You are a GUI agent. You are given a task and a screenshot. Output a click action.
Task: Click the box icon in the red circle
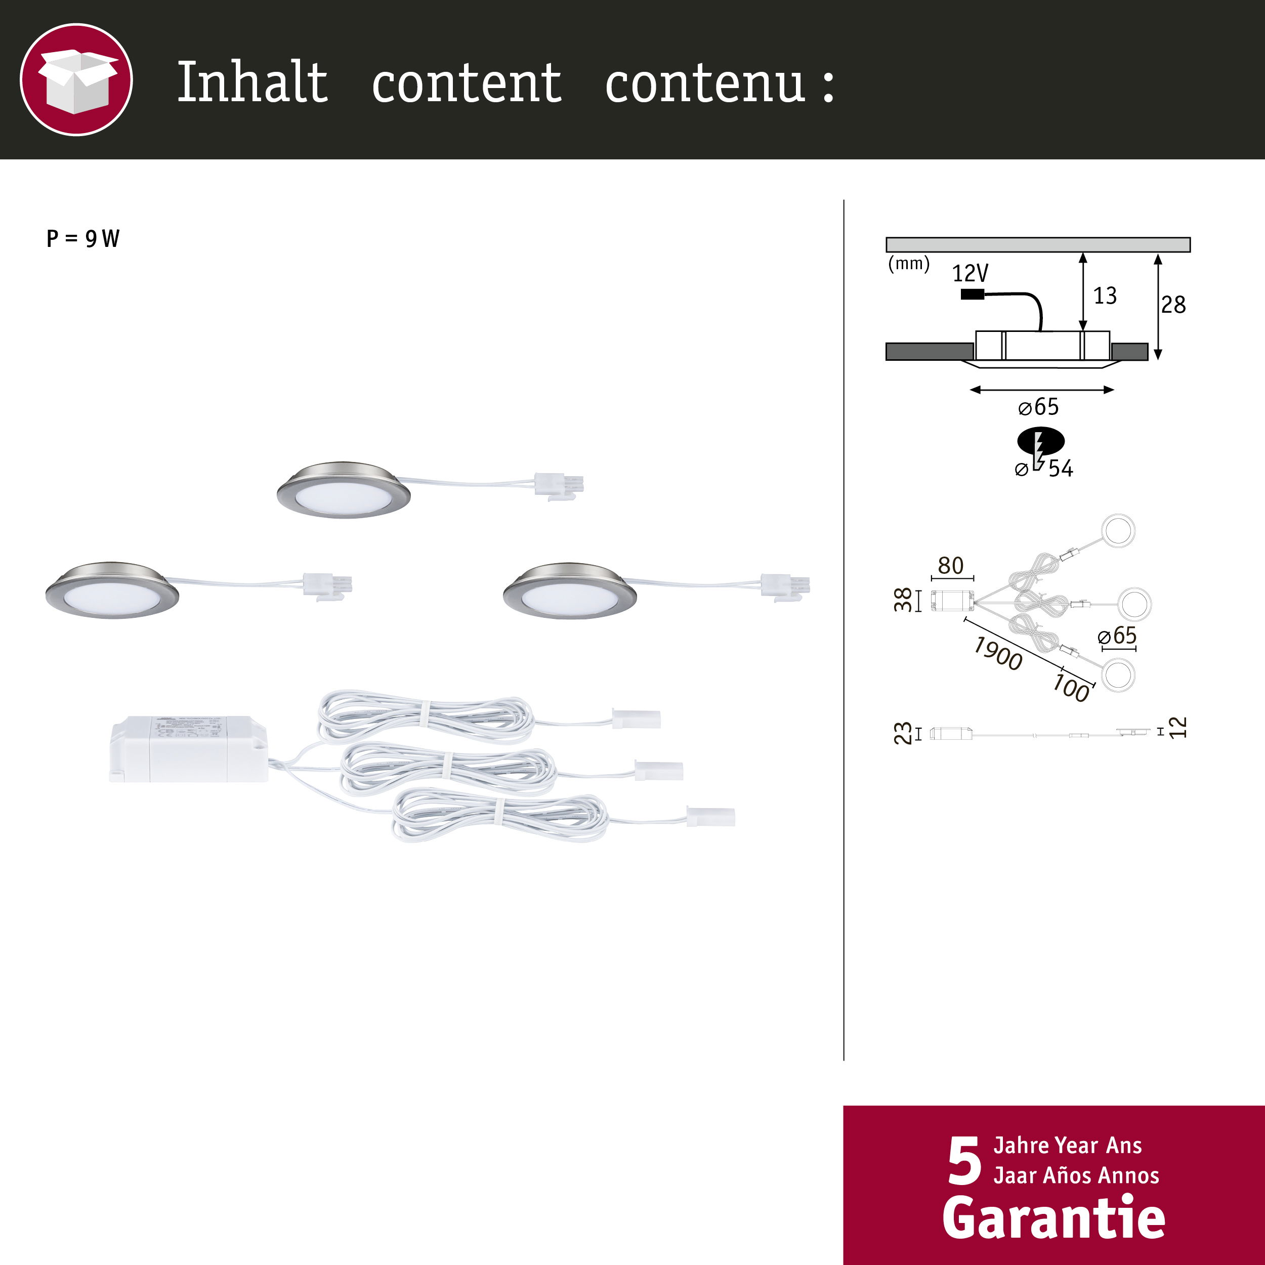click(x=76, y=80)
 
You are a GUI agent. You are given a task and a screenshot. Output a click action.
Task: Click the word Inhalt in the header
click(x=252, y=82)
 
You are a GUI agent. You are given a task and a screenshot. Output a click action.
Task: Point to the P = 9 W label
click(x=83, y=238)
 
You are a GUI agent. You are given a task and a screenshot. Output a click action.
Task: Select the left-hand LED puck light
click(x=112, y=591)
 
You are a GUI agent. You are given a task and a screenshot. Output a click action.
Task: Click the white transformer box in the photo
click(x=189, y=749)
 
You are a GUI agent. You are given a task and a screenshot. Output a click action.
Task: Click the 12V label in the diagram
click(x=969, y=273)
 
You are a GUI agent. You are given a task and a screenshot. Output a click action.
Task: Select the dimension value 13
click(x=1105, y=296)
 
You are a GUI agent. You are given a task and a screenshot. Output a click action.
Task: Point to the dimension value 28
click(x=1173, y=305)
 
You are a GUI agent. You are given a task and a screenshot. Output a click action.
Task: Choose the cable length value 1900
click(x=998, y=653)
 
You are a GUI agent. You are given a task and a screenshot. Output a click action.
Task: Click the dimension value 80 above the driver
click(x=951, y=565)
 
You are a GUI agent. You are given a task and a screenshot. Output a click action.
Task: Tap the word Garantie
click(x=1053, y=1217)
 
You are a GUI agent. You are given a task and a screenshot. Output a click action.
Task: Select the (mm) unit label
click(x=908, y=263)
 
